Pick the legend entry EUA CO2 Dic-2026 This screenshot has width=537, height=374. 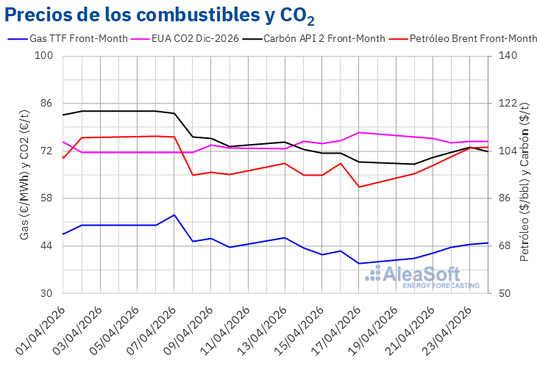point(195,38)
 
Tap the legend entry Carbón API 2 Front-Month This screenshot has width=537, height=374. point(324,38)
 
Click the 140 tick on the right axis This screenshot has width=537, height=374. point(507,56)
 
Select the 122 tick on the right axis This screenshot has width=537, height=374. point(507,104)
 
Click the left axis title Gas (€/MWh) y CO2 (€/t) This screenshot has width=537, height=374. point(24,174)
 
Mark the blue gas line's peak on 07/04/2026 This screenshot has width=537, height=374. point(174,215)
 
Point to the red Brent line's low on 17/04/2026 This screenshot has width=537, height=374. point(359,187)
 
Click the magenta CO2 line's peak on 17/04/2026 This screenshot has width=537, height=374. point(359,132)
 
